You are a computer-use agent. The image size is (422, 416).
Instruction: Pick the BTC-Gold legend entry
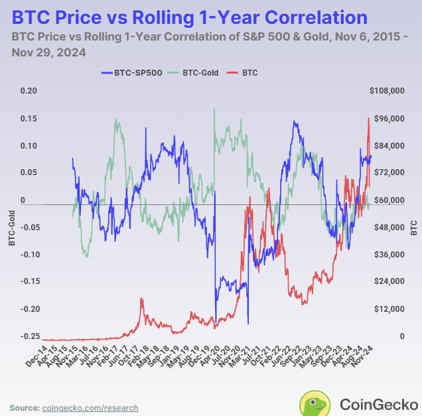[196, 72]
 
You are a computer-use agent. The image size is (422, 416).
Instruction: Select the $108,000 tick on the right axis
[386, 91]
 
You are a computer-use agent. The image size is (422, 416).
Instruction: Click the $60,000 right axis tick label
[387, 200]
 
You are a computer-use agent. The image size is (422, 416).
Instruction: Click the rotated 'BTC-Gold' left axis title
[11, 228]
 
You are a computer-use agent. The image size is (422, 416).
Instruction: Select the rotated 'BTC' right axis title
[414, 228]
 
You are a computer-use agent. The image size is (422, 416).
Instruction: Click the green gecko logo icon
[315, 403]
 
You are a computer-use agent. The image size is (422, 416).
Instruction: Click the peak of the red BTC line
[368, 118]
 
